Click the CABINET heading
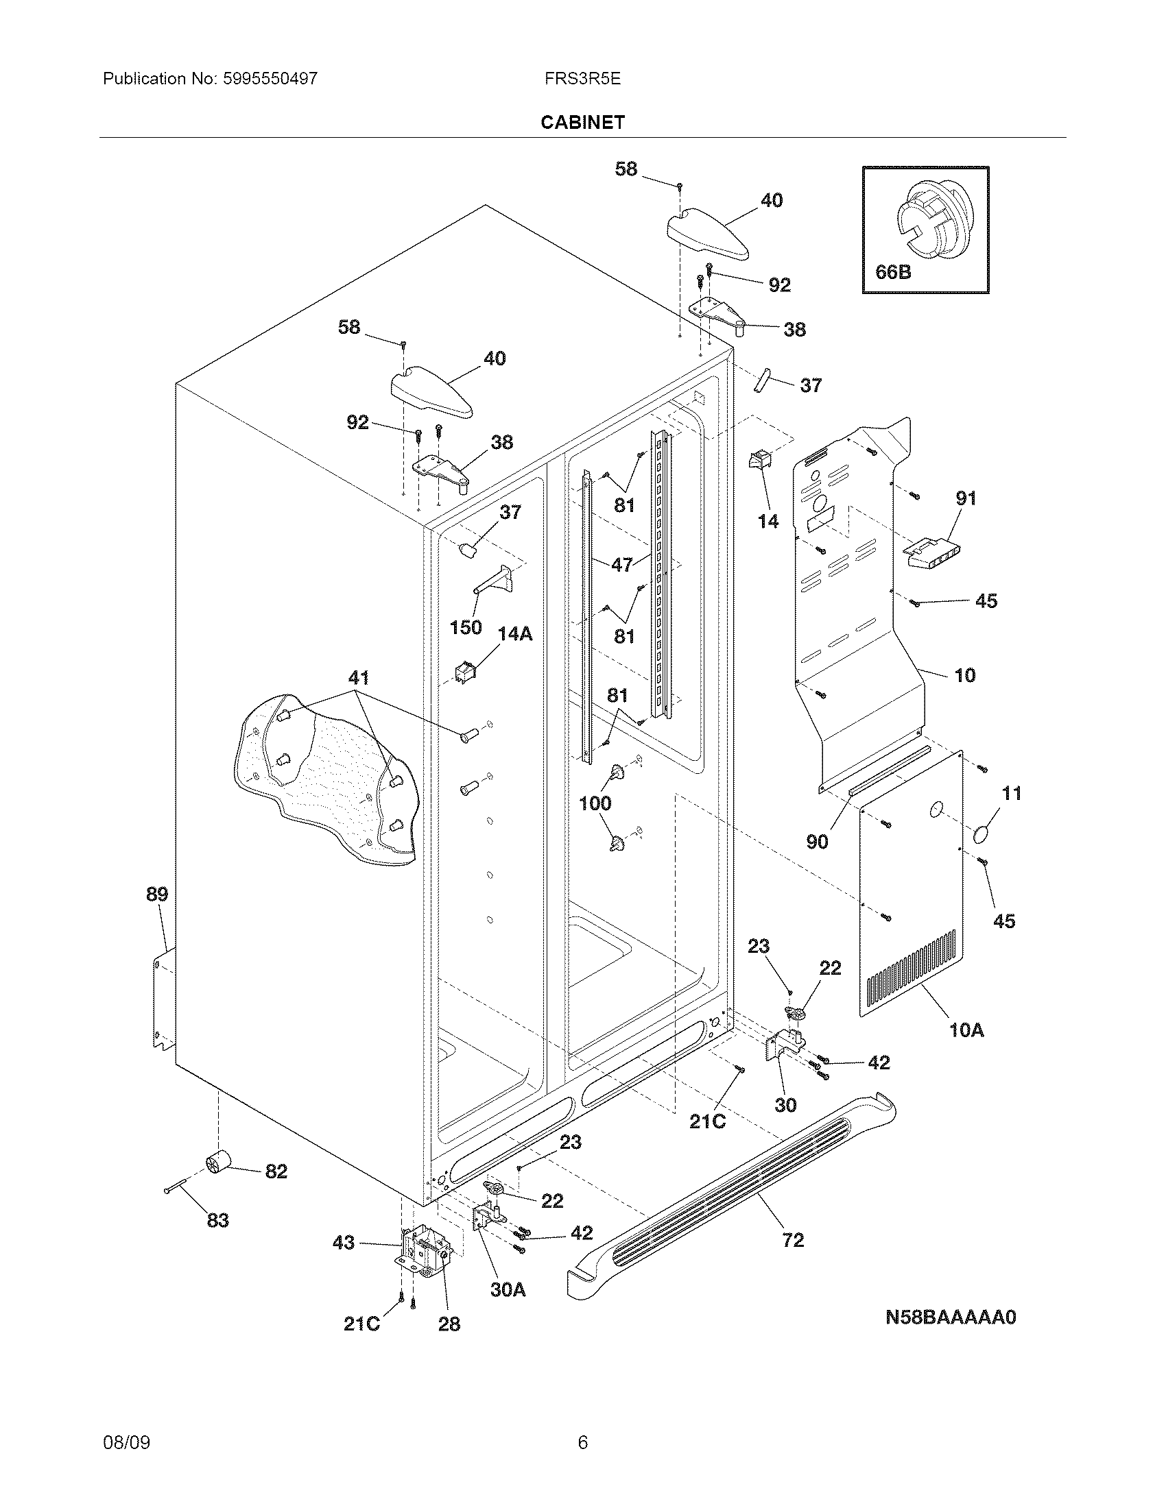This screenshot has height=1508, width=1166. click(582, 122)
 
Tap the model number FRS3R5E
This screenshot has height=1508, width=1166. click(582, 79)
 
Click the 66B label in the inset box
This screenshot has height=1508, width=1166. click(893, 272)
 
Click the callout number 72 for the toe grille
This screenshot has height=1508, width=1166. click(793, 1240)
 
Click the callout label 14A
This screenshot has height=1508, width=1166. click(515, 634)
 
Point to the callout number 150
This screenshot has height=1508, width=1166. click(465, 628)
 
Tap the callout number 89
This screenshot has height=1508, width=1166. click(157, 894)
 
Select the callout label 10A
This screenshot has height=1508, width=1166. click(966, 1030)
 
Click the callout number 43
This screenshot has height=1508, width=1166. click(344, 1242)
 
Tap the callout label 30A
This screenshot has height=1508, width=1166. click(508, 1289)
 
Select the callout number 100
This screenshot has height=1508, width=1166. click(595, 803)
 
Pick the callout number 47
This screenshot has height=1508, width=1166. click(621, 564)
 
